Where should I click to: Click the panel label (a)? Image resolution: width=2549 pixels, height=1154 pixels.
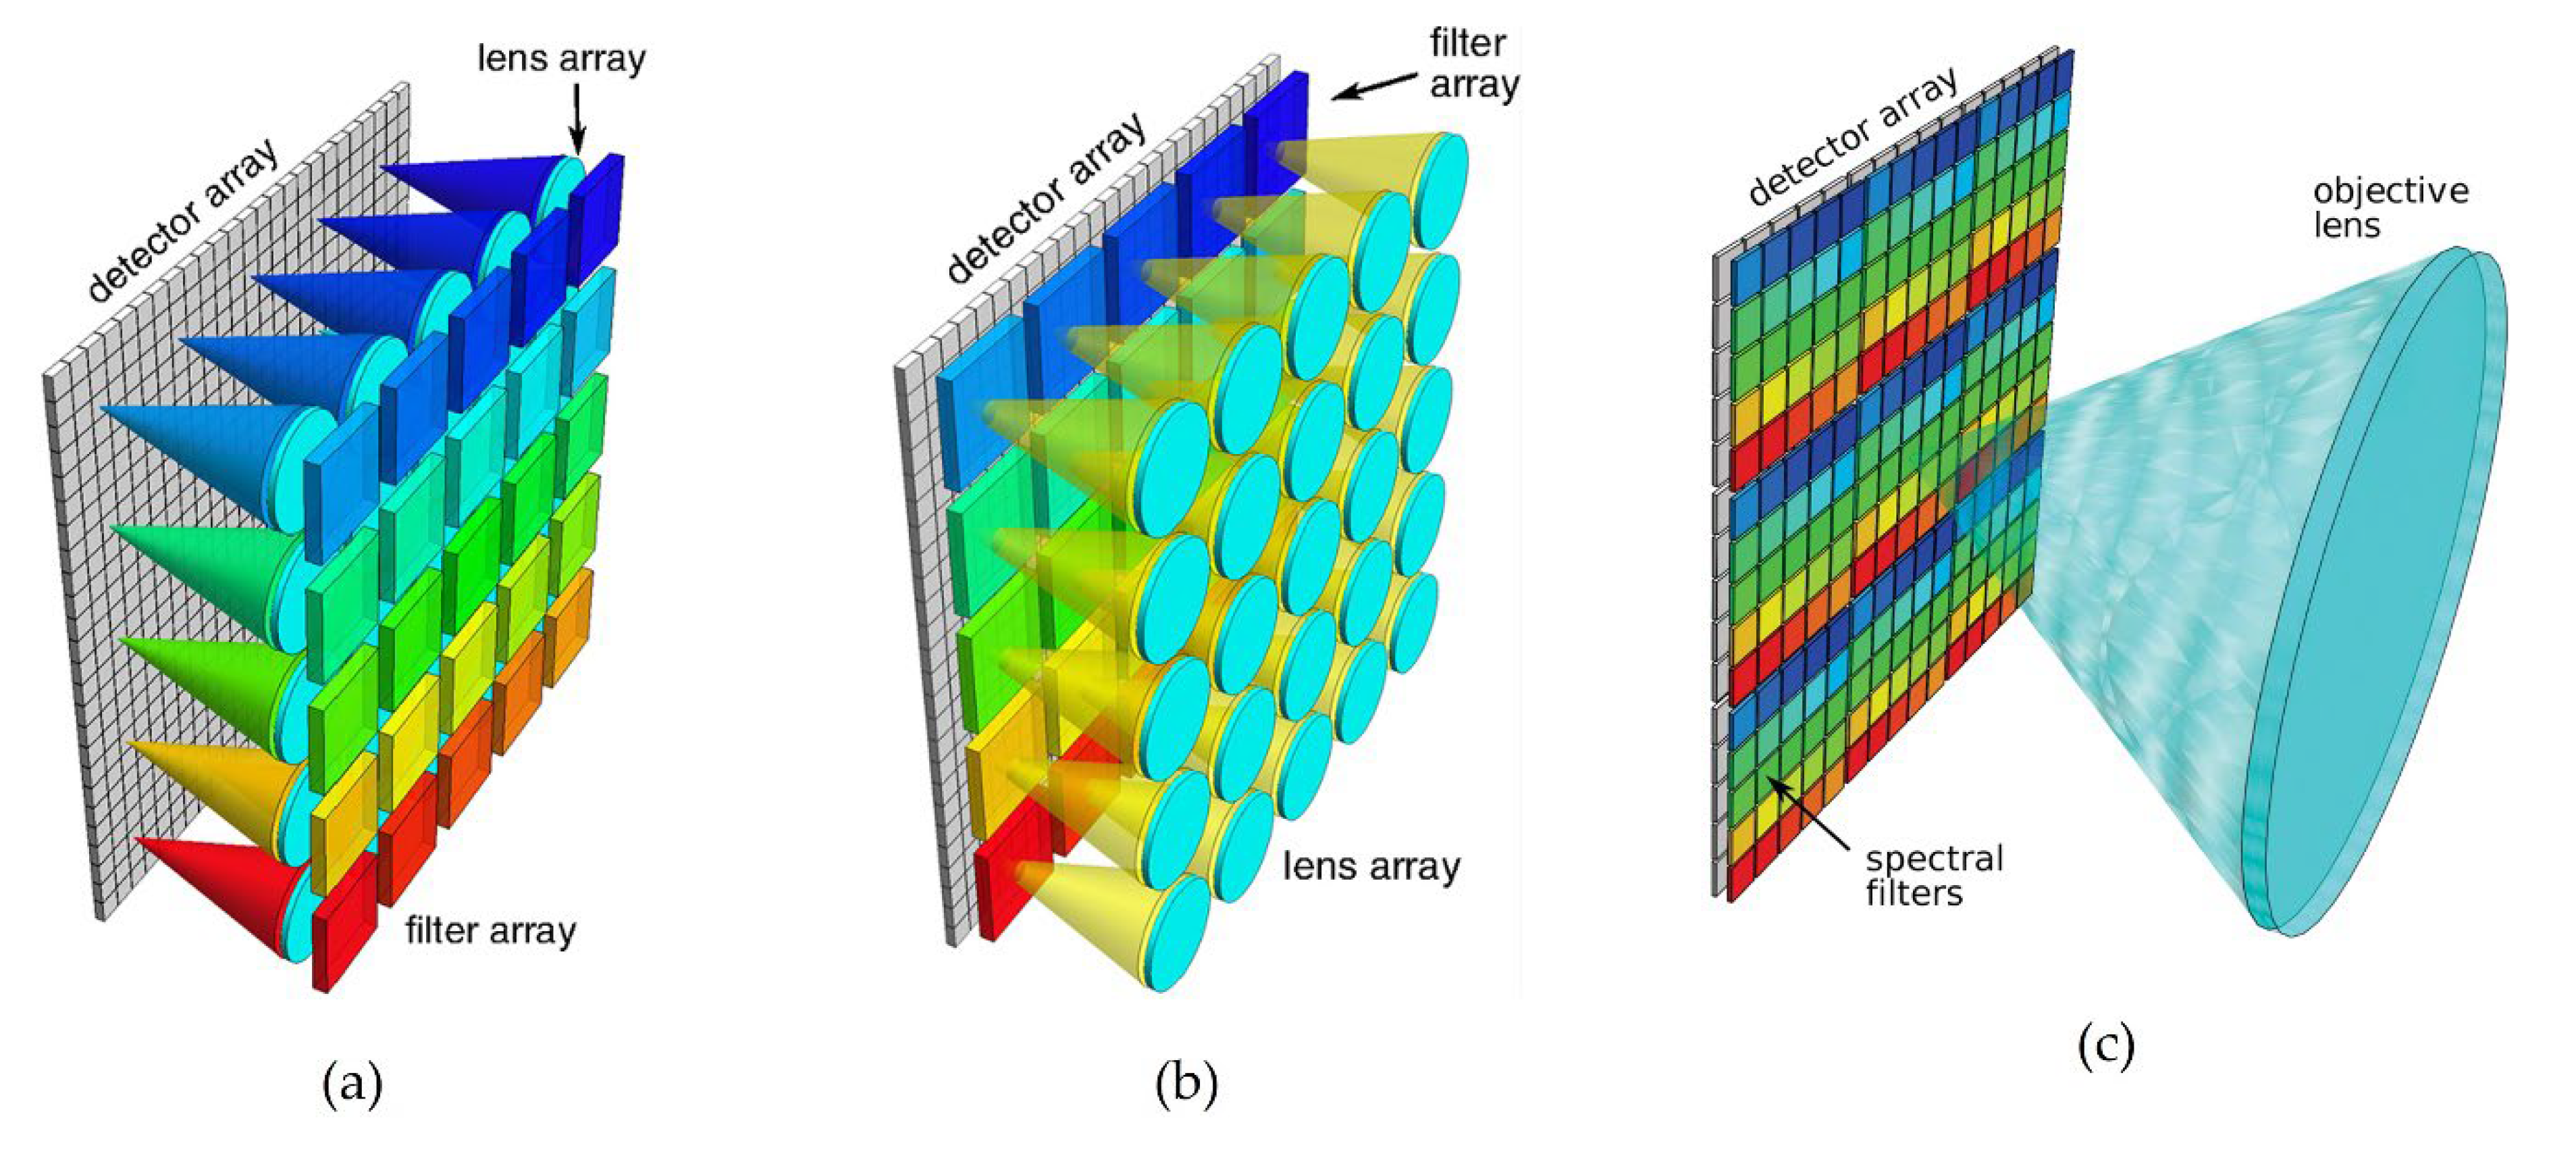click(352, 1083)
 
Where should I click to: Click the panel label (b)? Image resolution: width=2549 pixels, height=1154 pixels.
click(1186, 1083)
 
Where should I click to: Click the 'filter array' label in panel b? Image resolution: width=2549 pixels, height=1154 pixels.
click(1473, 64)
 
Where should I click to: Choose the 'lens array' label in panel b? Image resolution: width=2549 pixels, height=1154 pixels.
click(1371, 866)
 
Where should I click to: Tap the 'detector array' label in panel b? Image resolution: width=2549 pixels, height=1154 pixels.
click(1046, 198)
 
